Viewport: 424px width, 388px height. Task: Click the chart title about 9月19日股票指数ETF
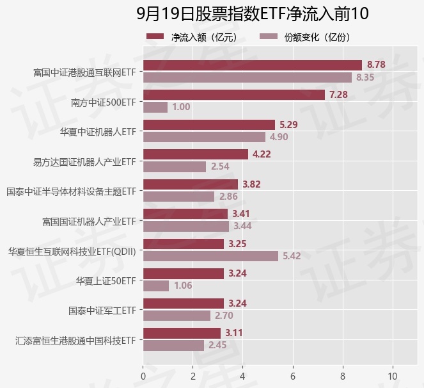(253, 13)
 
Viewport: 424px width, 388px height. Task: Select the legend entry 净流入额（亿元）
(192, 36)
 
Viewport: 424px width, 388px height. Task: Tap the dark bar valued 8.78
(253, 65)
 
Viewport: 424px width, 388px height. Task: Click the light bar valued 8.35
(247, 77)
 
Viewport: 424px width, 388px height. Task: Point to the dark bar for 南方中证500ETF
(234, 95)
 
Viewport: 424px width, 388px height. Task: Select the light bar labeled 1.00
(155, 107)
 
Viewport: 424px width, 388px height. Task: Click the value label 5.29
(289, 124)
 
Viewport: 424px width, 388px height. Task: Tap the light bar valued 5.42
(210, 256)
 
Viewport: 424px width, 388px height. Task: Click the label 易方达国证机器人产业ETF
(85, 161)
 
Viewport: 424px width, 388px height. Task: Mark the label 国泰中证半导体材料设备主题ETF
(72, 191)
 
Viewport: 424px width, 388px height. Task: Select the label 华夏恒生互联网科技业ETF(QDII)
(72, 250)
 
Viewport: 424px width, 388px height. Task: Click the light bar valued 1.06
(156, 286)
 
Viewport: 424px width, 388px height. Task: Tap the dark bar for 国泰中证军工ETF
(184, 303)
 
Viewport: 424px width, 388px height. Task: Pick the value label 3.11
(233, 333)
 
